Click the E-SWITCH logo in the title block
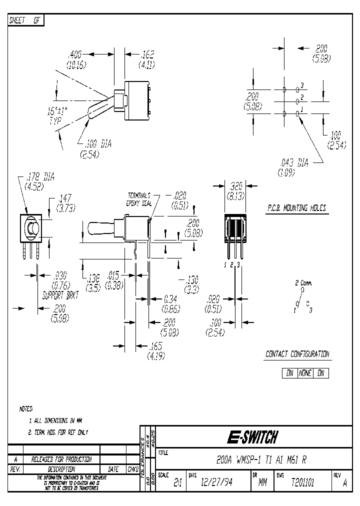(x=252, y=437)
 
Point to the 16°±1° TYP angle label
(x=59, y=117)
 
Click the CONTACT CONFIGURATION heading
(x=297, y=354)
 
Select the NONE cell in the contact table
(x=305, y=373)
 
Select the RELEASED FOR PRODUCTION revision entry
(x=61, y=459)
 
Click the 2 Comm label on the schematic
(x=303, y=283)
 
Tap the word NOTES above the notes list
(x=26, y=408)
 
